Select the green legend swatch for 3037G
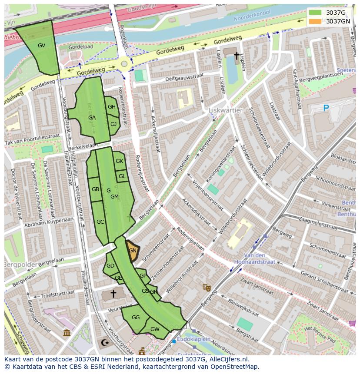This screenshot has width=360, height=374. pos(315,13)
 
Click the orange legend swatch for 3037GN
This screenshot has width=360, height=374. pos(315,21)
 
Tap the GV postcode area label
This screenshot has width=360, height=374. pos(41,46)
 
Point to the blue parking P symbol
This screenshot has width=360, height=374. pos(326,108)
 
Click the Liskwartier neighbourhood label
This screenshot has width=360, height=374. pos(225,110)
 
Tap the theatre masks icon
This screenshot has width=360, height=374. pos(207,287)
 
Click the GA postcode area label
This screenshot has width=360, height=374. pos(92,118)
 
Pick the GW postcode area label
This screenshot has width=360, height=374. pos(155,329)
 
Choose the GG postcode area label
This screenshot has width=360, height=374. pos(136,318)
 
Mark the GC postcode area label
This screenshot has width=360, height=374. pos(100,222)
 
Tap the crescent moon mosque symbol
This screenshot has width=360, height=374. pos(104,343)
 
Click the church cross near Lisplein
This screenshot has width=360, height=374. pos(237,56)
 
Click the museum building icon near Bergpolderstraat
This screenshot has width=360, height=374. pos(67,333)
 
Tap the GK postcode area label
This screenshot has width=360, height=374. pos(120,161)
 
